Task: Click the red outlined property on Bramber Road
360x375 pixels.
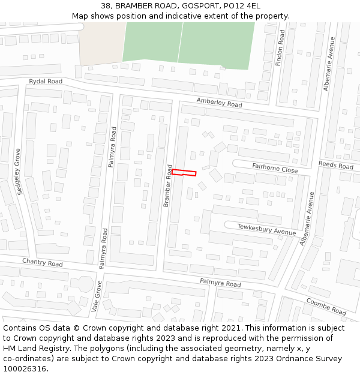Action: pyautogui.click(x=184, y=173)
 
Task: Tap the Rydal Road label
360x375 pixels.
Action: pyautogui.click(x=46, y=81)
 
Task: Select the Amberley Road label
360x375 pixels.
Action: pyautogui.click(x=219, y=103)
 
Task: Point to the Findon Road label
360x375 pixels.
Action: pyautogui.click(x=280, y=48)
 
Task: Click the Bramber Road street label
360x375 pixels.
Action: pyautogui.click(x=168, y=186)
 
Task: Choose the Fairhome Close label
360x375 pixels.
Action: pyautogui.click(x=275, y=170)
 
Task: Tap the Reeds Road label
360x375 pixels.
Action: pyautogui.click(x=335, y=165)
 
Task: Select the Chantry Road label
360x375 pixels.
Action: pyautogui.click(x=42, y=263)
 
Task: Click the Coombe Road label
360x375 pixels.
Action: pyautogui.click(x=326, y=307)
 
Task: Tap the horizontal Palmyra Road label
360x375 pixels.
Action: pyautogui.click(x=220, y=283)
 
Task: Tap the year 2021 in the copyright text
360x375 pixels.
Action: pyautogui.click(x=228, y=328)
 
